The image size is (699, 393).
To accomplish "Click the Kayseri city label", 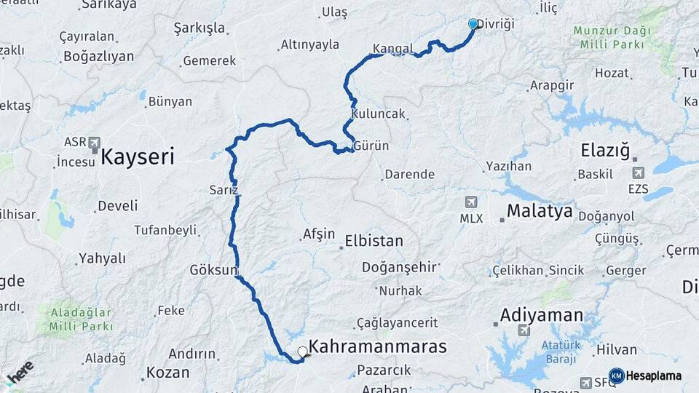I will (x=137, y=156).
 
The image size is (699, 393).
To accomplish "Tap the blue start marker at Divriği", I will (x=473, y=24).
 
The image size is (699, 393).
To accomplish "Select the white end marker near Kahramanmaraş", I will (x=303, y=352).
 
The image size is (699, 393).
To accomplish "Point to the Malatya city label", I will (x=540, y=212).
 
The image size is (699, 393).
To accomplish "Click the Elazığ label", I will (x=604, y=151).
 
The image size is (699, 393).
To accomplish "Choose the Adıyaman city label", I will (x=542, y=315).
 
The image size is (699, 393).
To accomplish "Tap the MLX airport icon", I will (x=472, y=202).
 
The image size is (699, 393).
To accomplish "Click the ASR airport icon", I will (x=94, y=143).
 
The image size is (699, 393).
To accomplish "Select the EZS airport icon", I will (x=639, y=172).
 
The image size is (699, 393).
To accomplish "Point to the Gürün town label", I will (x=371, y=146).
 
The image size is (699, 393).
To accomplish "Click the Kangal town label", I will (x=392, y=49).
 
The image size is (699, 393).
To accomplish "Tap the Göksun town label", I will (x=214, y=269).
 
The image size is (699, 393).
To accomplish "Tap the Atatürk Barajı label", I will (x=558, y=352).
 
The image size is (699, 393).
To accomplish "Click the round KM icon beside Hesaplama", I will (x=616, y=376).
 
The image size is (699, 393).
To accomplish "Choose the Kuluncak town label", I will (x=377, y=114).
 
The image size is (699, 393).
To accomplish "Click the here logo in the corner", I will (x=19, y=373).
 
